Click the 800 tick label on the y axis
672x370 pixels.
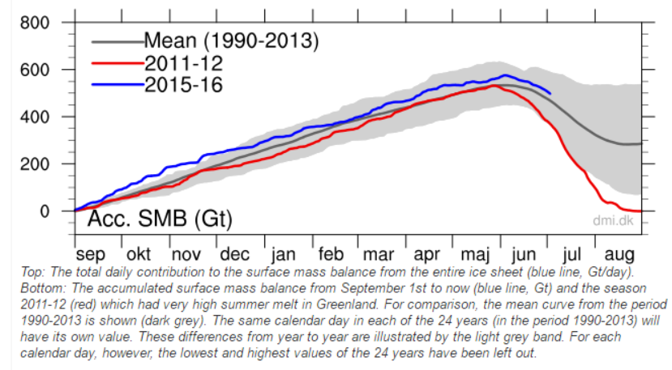[x=35, y=23]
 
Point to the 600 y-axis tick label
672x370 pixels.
[x=35, y=70]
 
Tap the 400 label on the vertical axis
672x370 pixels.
[x=35, y=117]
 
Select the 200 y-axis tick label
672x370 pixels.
[x=35, y=164]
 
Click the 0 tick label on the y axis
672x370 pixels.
[x=45, y=211]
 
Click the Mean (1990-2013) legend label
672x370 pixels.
[x=231, y=41]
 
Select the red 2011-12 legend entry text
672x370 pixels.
[x=183, y=63]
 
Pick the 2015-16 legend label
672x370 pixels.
[x=183, y=84]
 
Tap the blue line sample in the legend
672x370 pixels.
[x=118, y=85]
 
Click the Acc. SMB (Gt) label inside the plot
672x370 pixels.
[x=160, y=219]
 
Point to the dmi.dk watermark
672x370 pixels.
[x=613, y=220]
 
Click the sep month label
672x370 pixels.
[x=91, y=255]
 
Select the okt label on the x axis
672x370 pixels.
[x=139, y=254]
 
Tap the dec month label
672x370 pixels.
[x=234, y=254]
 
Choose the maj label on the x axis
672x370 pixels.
[x=475, y=255]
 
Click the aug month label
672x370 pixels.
[x=618, y=255]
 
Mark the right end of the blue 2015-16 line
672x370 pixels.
[x=550, y=93]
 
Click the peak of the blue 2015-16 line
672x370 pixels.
[x=505, y=75]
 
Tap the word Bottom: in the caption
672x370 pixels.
[x=44, y=288]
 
